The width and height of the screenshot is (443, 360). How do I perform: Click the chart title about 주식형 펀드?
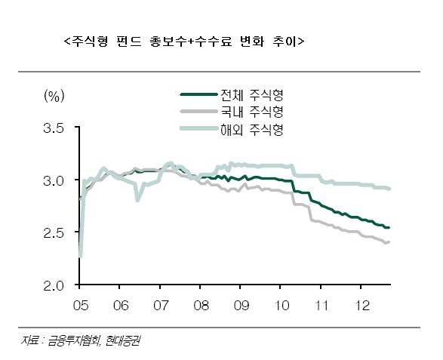[184, 42]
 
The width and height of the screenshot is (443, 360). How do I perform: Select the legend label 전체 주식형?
[252, 95]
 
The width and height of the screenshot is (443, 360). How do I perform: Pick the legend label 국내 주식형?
[252, 112]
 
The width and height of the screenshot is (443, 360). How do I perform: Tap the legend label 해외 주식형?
[252, 130]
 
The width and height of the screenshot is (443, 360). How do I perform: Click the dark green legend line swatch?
[199, 94]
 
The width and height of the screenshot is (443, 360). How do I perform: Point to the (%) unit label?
[54, 96]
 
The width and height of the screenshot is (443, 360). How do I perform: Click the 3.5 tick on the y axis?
[54, 128]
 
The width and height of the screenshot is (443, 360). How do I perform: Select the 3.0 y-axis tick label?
[54, 181]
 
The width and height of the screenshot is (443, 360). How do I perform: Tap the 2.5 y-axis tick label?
[54, 233]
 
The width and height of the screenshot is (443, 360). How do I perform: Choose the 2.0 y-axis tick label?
[54, 286]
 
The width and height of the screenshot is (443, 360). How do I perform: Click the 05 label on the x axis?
[81, 306]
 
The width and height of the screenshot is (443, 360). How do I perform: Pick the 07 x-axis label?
[161, 306]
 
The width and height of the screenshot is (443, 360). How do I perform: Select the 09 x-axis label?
[241, 306]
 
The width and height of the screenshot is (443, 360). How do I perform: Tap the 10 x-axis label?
[281, 306]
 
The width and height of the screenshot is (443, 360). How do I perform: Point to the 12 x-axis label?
[362, 306]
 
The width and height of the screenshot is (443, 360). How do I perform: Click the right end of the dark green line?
[389, 228]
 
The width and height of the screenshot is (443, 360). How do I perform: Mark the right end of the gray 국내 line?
[389, 242]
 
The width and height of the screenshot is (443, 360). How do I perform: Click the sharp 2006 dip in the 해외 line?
[137, 200]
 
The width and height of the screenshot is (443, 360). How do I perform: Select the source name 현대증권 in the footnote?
[122, 341]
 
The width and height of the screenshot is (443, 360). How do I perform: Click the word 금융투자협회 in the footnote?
[74, 341]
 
